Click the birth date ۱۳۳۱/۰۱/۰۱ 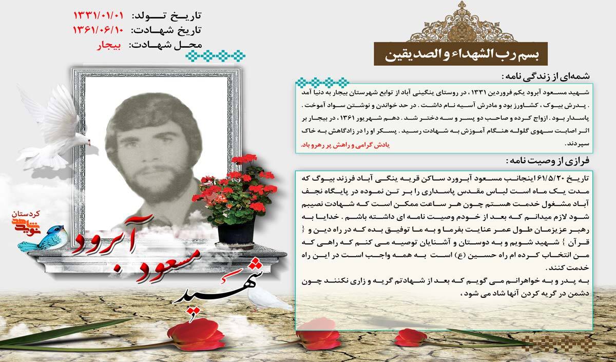[98, 13]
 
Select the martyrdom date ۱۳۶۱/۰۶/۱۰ [98, 29]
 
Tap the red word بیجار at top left [108, 45]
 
